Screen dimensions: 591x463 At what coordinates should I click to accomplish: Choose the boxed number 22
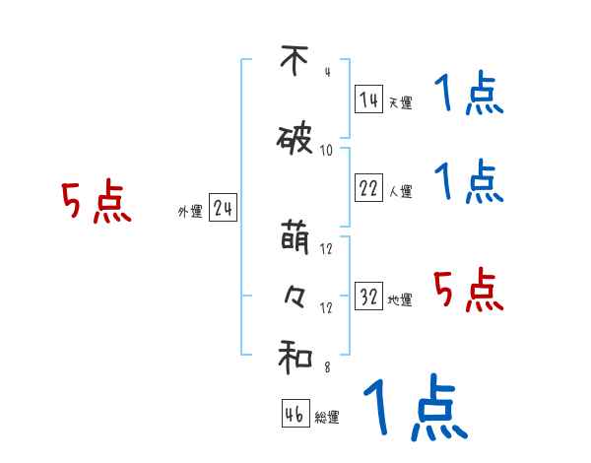coord(368,189)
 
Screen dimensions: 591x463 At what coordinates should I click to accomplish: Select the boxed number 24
coord(224,209)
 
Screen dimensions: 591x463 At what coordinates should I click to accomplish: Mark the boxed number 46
coord(295,415)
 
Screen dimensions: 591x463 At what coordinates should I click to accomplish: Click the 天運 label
coord(400,101)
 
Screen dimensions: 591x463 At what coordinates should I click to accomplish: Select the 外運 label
coord(190,212)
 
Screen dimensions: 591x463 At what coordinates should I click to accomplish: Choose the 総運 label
coord(327,418)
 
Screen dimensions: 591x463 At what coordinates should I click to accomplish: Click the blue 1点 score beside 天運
coord(468,97)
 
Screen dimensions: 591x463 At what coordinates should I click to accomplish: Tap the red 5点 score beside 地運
coord(468,290)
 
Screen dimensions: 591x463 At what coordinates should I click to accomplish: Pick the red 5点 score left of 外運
coord(96,203)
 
